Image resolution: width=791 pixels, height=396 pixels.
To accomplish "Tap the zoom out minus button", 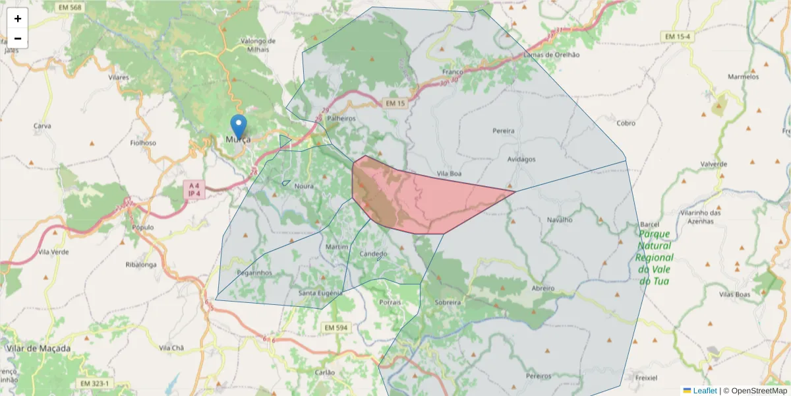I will pyautogui.click(x=18, y=38).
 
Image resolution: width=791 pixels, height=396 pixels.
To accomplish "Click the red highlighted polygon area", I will pyautogui.click(x=422, y=198).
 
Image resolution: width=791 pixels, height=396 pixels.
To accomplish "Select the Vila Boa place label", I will pyautogui.click(x=448, y=174).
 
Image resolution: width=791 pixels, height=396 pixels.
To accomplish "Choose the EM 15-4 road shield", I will pyautogui.click(x=679, y=36).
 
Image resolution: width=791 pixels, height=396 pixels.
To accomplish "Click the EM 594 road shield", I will pyautogui.click(x=336, y=327).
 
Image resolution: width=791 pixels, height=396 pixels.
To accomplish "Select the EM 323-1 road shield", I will pyautogui.click(x=96, y=383).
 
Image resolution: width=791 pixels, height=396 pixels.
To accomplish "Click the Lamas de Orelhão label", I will pyautogui.click(x=551, y=55).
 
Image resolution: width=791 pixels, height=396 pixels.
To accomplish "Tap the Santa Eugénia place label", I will pyautogui.click(x=321, y=293).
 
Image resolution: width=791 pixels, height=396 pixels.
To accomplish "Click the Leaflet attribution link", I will pyautogui.click(x=704, y=391).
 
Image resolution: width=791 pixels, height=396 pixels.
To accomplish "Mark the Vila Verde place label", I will pyautogui.click(x=53, y=252).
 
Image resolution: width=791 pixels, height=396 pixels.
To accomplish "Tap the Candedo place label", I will pyautogui.click(x=374, y=254).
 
